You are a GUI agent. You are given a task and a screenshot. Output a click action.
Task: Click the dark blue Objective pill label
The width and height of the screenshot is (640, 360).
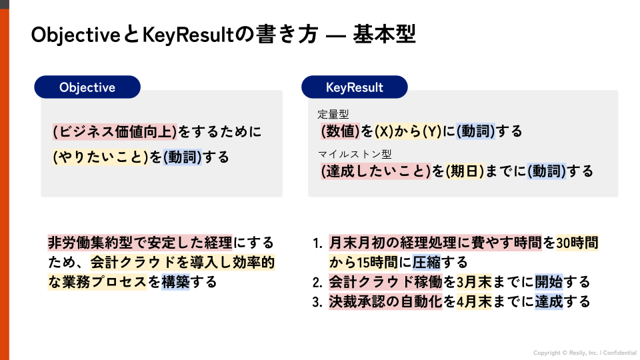pos(87,87)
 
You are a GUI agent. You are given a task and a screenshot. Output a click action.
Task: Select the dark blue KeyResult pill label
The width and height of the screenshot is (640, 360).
pos(354,87)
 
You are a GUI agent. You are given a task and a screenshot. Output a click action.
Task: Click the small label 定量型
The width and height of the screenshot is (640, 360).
pos(333,114)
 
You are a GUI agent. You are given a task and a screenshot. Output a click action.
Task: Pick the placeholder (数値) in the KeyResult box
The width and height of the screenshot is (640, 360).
pos(340,131)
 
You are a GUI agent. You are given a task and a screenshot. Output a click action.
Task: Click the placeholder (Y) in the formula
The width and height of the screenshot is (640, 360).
pos(433,131)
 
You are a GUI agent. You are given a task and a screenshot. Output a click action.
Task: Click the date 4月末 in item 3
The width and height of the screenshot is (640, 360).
pos(474,301)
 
